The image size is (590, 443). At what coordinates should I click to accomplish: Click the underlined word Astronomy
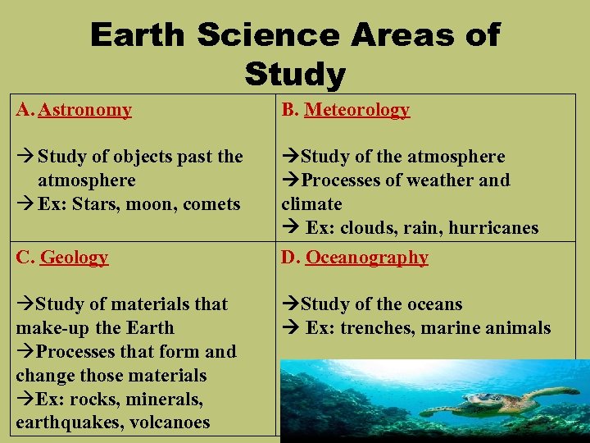84,110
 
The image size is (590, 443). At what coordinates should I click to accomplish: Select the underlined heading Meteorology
356,110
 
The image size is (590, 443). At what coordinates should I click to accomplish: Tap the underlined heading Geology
74,258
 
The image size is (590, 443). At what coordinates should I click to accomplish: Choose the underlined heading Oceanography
366,258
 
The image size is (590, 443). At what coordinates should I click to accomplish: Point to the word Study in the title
295,75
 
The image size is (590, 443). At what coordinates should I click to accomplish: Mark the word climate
311,203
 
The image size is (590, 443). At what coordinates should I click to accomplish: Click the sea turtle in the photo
492,402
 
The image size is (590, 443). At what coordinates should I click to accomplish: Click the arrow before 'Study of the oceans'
290,304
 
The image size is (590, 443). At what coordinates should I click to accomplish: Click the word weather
433,180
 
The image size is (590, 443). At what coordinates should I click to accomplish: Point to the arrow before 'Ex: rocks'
25,400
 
